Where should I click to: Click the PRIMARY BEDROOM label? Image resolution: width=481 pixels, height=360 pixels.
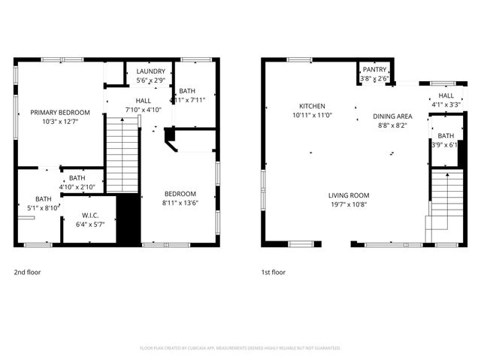[x=55, y=112]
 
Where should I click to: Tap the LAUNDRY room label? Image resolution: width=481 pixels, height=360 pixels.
[x=151, y=72]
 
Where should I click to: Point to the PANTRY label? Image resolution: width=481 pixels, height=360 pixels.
[x=374, y=70]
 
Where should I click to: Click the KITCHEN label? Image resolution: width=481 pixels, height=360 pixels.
[x=312, y=106]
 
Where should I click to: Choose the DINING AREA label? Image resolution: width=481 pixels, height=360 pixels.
[x=392, y=116]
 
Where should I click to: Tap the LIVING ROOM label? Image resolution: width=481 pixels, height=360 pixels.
[x=349, y=195]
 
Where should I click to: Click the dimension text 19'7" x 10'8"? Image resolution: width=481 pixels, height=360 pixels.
[x=349, y=204]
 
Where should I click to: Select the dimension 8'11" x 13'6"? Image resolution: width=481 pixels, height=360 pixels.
[x=180, y=201]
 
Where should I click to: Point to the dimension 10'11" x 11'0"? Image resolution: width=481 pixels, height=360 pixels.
[x=312, y=115]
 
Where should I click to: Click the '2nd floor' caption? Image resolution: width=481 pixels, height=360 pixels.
[x=29, y=272]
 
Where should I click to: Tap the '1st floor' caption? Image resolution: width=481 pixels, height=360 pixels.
[x=273, y=272]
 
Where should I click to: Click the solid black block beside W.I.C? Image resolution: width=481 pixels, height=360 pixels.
[x=129, y=220]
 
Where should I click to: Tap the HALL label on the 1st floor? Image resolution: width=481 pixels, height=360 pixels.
[x=446, y=96]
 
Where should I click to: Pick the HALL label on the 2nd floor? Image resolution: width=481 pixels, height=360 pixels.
[x=143, y=101]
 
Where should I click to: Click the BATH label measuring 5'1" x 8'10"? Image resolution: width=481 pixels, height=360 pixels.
[x=33, y=199]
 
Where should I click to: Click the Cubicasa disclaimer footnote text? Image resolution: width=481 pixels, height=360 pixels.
[x=240, y=348]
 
